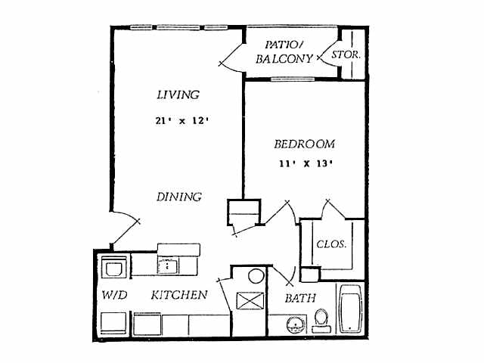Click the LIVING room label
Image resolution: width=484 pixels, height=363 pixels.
(x=178, y=95)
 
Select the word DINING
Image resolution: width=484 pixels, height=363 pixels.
(x=179, y=197)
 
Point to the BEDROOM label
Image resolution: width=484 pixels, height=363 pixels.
(x=304, y=144)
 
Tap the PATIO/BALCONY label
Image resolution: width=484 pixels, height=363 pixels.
(x=284, y=51)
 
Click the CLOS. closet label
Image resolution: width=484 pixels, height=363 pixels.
(x=332, y=244)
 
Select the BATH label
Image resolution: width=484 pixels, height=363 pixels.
(x=300, y=299)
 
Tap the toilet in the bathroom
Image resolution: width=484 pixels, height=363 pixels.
(x=321, y=318)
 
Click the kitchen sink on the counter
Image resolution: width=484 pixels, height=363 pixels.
(x=167, y=265)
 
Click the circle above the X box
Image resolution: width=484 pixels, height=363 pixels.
(x=256, y=275)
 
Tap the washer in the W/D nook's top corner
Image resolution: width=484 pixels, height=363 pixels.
(x=113, y=268)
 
